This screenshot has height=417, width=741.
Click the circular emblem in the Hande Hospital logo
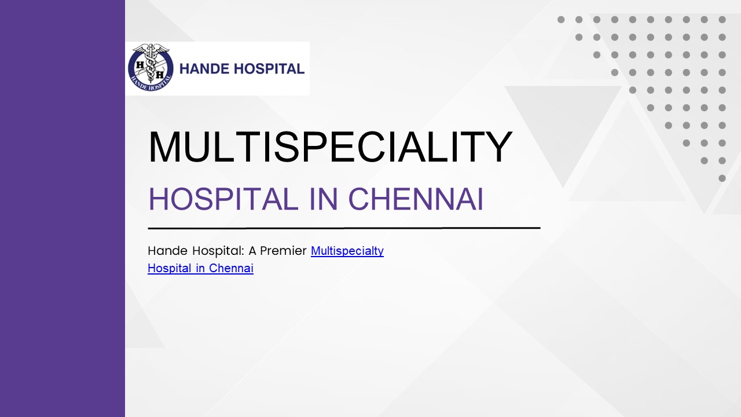tap(151, 68)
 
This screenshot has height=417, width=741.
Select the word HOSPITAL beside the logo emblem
tap(270, 69)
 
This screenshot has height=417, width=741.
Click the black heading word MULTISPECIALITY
tap(330, 148)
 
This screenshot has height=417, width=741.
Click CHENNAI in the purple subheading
tap(416, 199)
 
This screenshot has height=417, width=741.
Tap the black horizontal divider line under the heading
tap(344, 228)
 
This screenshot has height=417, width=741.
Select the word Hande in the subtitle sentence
tap(168, 251)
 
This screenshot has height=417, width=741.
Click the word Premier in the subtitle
tap(283, 251)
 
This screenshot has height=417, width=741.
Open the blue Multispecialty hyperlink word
tap(347, 251)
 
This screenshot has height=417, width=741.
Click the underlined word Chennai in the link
tap(231, 268)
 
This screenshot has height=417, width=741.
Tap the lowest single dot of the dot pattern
tap(722, 178)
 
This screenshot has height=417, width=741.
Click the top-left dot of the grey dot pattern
tap(561, 20)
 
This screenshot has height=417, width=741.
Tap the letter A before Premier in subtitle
tap(252, 251)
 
